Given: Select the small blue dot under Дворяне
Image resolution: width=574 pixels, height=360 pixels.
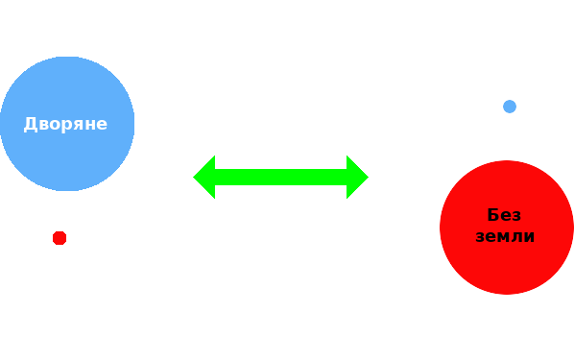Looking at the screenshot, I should pyautogui.click(x=510, y=107).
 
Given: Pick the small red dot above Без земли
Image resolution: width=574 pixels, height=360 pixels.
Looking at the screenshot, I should pyautogui.click(x=60, y=237).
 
